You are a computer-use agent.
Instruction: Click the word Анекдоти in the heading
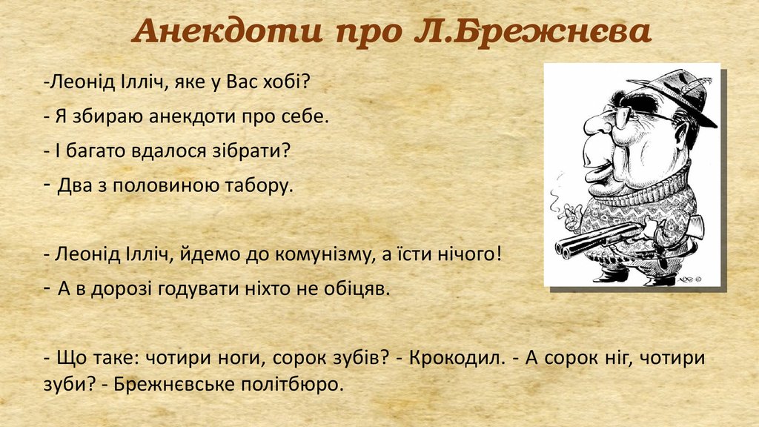[x=228, y=31]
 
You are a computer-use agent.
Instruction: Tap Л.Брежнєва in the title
[x=532, y=32]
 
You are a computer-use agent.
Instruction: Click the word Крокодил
[x=457, y=358]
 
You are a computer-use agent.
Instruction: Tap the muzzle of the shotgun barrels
[x=563, y=248]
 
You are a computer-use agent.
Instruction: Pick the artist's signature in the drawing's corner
[x=690, y=279]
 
